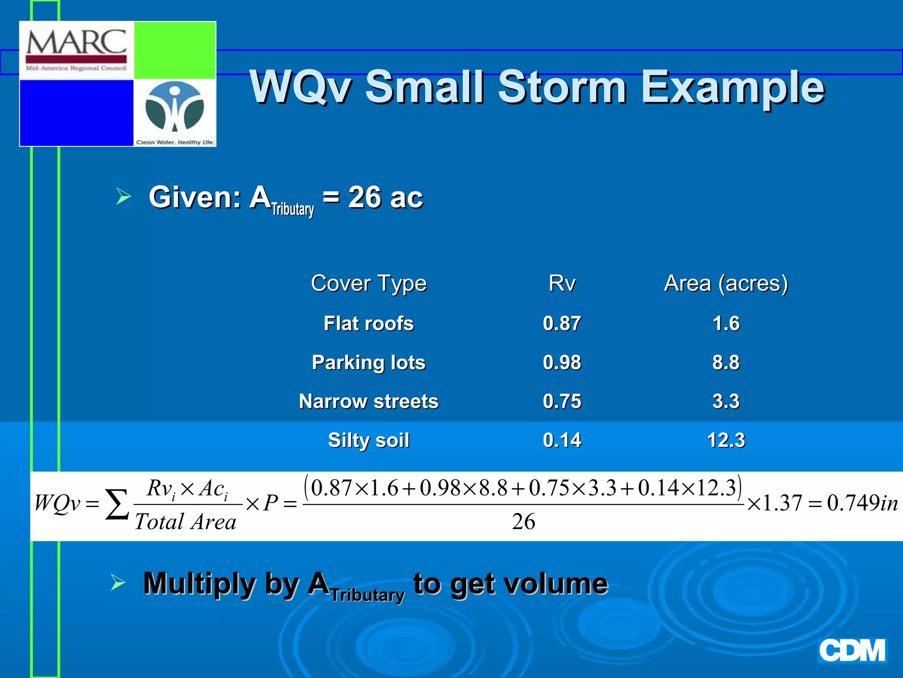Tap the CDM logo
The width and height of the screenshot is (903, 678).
(x=852, y=651)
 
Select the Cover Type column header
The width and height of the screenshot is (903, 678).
(x=369, y=283)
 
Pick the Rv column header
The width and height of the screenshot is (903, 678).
(x=562, y=283)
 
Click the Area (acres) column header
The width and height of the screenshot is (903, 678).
(x=726, y=283)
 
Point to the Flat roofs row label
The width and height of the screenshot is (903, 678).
(x=369, y=324)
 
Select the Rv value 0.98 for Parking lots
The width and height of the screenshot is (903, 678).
(x=562, y=362)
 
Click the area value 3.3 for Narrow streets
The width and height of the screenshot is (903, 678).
(x=726, y=401)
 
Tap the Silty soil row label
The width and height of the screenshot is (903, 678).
(x=369, y=440)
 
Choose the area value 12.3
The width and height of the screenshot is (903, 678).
(x=726, y=440)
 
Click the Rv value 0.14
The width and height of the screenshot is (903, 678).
(x=562, y=440)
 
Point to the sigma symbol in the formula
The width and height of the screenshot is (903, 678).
(x=117, y=505)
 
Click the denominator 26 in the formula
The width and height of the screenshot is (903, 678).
(x=523, y=522)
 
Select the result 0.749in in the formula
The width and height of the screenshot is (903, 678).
(x=862, y=503)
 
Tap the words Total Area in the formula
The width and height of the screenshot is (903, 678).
(x=186, y=522)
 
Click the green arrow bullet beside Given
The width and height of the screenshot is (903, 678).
(x=123, y=196)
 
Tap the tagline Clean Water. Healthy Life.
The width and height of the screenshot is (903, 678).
(x=175, y=142)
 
